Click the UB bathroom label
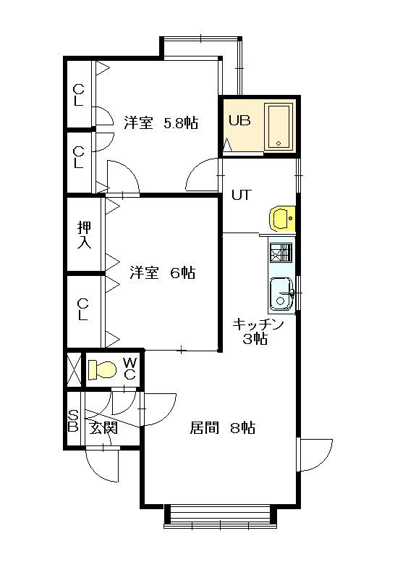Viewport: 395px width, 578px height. point(239,120)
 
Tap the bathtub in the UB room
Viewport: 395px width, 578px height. point(277,127)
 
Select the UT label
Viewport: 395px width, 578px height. point(241,194)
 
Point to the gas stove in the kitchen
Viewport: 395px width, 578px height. point(281,253)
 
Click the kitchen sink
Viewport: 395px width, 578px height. point(281,294)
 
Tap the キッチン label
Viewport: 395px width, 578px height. point(258,324)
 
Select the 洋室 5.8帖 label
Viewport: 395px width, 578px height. point(160,122)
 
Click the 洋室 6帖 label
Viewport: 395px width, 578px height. point(162,273)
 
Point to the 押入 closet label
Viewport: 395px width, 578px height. point(85,235)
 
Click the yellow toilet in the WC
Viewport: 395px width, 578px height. point(101,370)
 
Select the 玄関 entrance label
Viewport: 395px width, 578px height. point(103,427)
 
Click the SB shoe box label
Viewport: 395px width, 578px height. point(73,421)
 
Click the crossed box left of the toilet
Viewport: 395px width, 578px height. point(74,369)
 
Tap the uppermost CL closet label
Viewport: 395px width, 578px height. point(79,95)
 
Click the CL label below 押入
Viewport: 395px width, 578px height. point(82,309)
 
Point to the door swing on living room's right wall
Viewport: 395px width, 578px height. point(315,453)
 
